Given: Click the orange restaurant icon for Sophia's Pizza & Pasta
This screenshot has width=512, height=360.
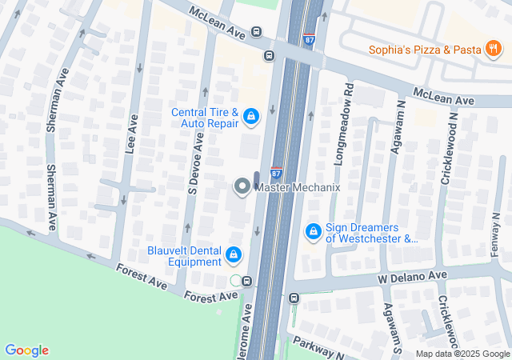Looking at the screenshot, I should click(494, 50).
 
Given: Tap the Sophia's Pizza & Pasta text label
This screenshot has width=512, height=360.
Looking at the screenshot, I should click(425, 50).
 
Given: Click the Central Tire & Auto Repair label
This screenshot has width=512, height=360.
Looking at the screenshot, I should click(205, 118).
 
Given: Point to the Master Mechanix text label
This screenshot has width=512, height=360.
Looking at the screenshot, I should click(298, 187).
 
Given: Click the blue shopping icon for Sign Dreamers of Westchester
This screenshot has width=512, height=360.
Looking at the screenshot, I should click(314, 232).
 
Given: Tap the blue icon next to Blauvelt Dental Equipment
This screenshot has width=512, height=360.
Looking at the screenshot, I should click(234, 255).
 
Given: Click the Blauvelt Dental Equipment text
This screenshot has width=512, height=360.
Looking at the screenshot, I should click(184, 255).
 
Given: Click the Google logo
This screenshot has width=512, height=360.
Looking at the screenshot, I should click(26, 350).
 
